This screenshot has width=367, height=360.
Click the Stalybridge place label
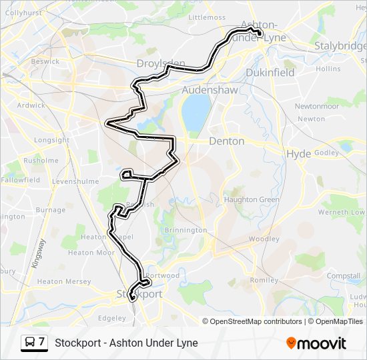[340, 46]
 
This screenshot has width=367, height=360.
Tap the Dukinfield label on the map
[270, 73]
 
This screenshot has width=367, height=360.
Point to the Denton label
[227, 141]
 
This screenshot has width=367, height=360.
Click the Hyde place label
[298, 153]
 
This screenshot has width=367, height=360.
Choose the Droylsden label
[160, 63]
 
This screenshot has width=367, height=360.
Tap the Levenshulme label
[75, 181]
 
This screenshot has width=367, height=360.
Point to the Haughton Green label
[252, 199]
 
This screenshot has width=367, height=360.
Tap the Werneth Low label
[342, 212]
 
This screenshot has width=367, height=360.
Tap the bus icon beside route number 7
[30, 343]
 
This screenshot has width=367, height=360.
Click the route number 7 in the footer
[42, 343]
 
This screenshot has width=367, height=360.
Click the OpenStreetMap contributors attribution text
[252, 321]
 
